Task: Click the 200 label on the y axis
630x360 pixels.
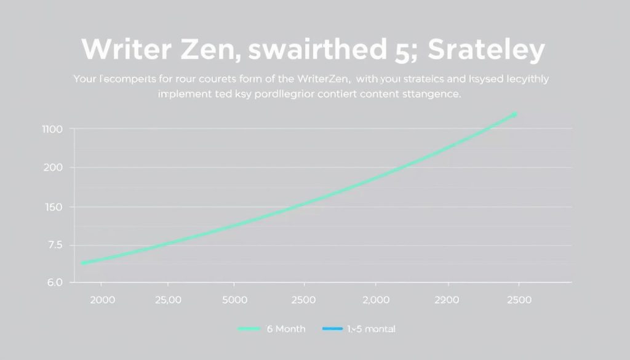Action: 53,167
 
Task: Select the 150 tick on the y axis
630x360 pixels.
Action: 52,207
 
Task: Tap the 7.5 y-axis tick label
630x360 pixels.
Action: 53,245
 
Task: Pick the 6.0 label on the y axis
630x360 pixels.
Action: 53,283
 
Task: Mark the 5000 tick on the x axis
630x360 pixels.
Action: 234,300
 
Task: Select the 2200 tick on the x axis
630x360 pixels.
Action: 447,300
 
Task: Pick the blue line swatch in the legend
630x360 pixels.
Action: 332,329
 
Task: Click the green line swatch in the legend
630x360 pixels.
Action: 249,329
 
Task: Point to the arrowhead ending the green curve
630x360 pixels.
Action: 514,114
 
